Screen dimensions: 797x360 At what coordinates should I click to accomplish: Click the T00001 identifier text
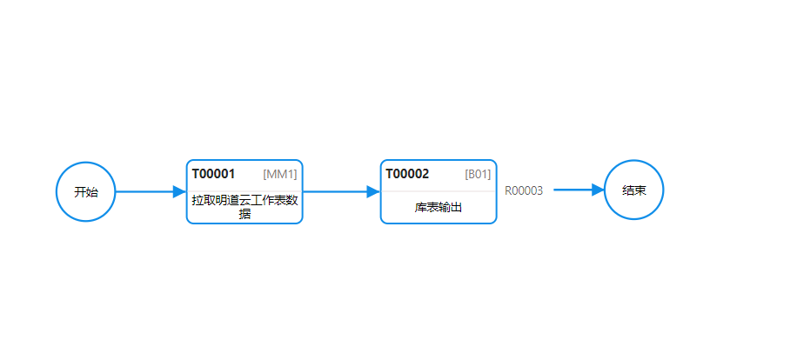pos(213,174)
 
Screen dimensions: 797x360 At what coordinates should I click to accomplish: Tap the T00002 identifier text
pos(407,174)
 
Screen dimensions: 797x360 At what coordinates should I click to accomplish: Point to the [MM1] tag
pos(280,174)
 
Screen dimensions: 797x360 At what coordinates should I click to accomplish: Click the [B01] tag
pos(478,174)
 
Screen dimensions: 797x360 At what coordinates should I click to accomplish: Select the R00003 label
pos(524,191)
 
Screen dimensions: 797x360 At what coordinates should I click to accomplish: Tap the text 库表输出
pos(439,207)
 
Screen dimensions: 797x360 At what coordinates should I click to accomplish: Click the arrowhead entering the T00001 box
pos(180,192)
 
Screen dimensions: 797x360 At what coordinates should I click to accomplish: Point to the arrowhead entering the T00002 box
pos(373,192)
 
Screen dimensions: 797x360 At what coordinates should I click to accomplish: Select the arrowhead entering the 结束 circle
pos(598,190)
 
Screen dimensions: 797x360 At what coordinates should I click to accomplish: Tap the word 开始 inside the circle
pos(86,192)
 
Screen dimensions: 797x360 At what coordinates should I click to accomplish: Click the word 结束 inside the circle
pos(633,190)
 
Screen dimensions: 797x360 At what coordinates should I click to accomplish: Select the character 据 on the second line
pos(244,214)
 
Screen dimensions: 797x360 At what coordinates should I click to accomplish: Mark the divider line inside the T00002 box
pos(439,191)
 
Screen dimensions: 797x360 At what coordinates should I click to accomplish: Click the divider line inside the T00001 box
pos(244,191)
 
